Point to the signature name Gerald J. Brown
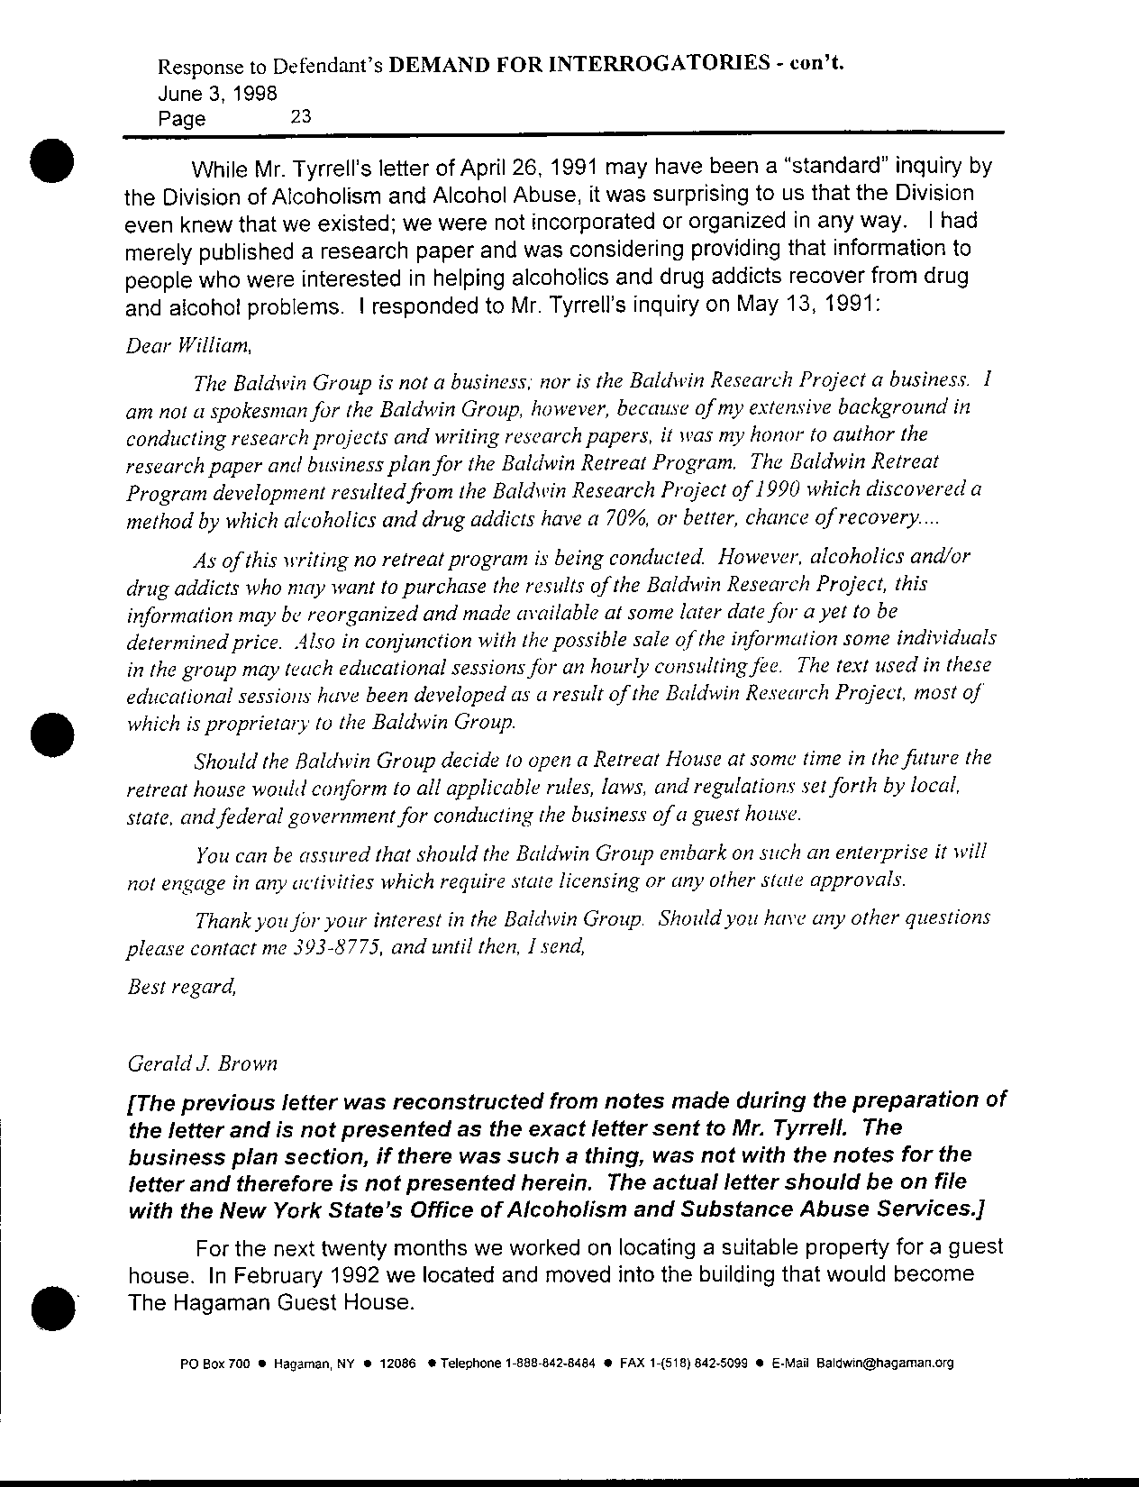(x=204, y=1063)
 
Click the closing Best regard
(x=182, y=986)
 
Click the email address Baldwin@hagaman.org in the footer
(x=885, y=1363)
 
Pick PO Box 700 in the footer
(x=214, y=1364)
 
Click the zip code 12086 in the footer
(x=397, y=1364)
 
